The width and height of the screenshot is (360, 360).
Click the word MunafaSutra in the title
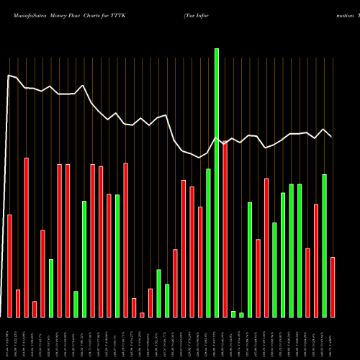click(26, 14)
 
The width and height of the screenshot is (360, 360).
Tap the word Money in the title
click(60, 14)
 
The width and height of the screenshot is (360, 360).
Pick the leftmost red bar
click(9, 266)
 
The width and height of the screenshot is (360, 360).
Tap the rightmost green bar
click(324, 246)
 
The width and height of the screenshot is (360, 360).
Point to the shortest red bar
click(142, 315)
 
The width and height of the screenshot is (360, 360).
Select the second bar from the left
click(18, 303)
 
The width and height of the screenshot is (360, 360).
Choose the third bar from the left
click(26, 238)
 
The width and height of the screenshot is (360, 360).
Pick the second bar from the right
click(324, 246)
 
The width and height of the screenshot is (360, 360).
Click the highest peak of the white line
click(9, 75)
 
